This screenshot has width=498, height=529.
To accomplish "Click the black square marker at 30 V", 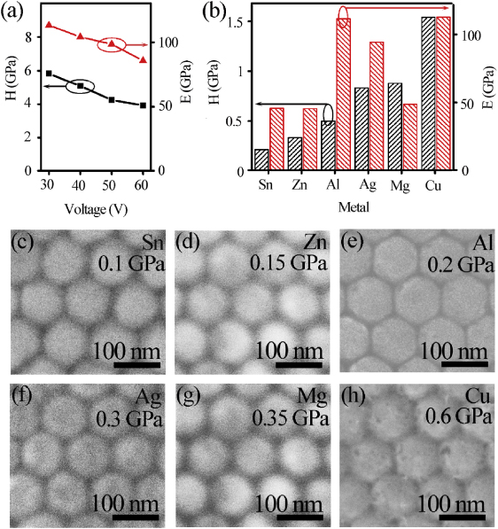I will [49, 74].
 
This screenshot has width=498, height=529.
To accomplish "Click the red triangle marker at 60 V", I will [143, 59].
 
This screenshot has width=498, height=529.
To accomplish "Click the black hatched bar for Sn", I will [261, 159].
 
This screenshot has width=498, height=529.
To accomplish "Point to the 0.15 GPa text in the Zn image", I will [297, 263].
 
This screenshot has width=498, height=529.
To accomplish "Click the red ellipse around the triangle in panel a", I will [112, 45].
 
